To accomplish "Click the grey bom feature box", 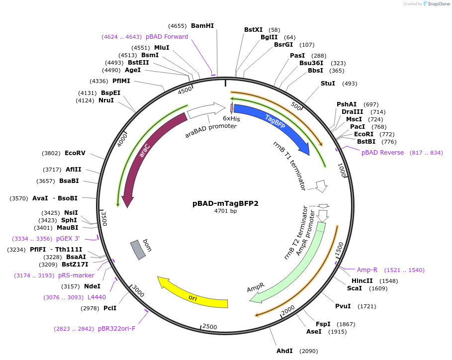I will point(138,249).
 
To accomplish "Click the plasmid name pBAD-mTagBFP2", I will point(225,203).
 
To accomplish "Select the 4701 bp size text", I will point(225,211).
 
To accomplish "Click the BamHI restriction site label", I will point(202,26).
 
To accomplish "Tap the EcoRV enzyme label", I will point(75,153).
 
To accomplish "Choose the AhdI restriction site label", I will point(284,351).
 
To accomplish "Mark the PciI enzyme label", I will point(110,308).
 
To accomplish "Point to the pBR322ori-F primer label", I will point(116,329).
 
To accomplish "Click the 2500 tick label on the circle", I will point(209,327).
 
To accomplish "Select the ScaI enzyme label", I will point(355,288).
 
